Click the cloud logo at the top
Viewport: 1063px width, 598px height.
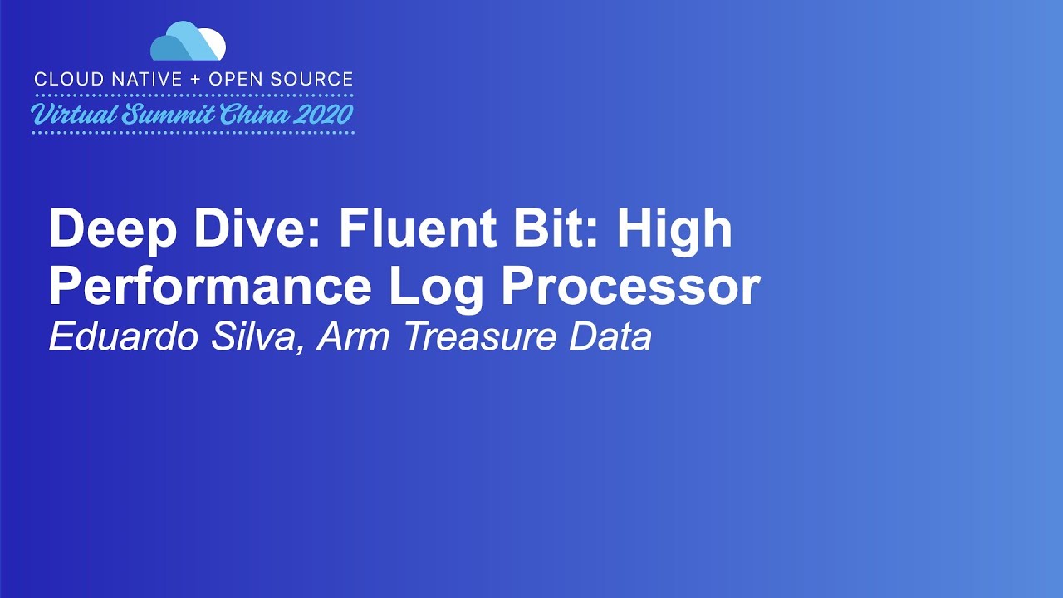pyautogui.click(x=189, y=42)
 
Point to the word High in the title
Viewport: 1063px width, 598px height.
pyautogui.click(x=674, y=231)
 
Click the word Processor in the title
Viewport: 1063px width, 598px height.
pyautogui.click(x=630, y=287)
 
